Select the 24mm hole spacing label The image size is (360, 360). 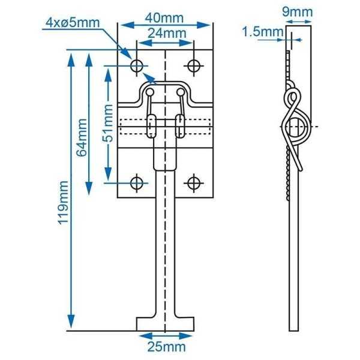(165, 33)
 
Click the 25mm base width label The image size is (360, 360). (165, 347)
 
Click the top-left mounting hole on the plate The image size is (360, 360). (137, 64)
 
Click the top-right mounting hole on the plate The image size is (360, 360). (193, 64)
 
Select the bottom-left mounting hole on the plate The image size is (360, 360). (137, 182)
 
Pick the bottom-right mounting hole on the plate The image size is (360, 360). (193, 182)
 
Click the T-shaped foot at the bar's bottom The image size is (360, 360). (165, 324)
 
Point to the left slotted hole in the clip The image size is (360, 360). (151, 127)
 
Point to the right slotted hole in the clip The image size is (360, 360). (179, 127)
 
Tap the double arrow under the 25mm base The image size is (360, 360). (165, 336)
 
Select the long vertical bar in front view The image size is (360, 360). (165, 252)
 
